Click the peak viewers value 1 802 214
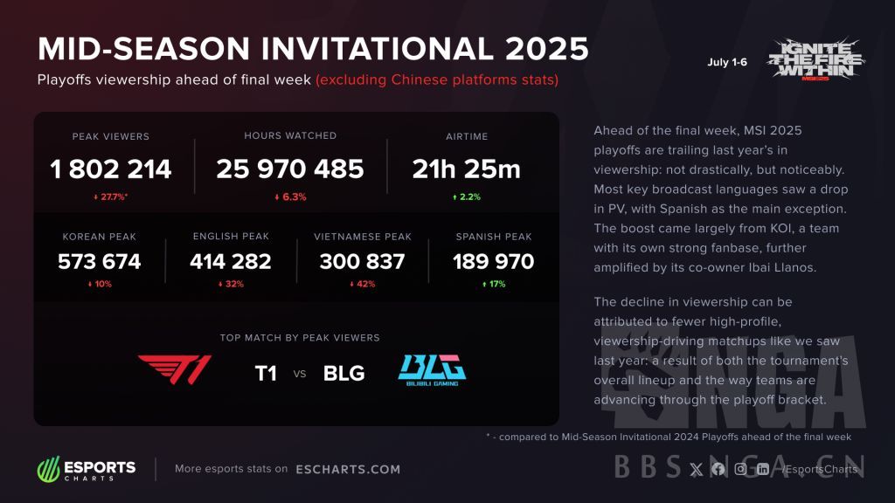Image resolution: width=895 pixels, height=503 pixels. point(111,169)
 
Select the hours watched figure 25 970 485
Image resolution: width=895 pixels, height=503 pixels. point(290,169)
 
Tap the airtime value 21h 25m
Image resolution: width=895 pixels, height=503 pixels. point(467,169)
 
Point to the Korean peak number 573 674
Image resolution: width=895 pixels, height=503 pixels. point(100,262)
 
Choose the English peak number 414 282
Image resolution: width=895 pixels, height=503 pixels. point(231,262)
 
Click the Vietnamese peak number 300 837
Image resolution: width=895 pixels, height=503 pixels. point(363,262)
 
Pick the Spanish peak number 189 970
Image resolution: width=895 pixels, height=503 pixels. point(494,262)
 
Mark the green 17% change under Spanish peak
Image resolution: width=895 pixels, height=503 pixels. point(494,284)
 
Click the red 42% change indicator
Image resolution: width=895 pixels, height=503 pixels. point(363,284)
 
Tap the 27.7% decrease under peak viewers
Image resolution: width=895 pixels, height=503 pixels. point(111,196)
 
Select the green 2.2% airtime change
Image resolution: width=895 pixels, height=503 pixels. point(467,196)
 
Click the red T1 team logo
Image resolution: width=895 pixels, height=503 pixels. point(175,369)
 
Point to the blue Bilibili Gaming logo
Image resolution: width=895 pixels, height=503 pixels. point(432,370)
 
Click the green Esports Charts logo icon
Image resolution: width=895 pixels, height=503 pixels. point(49,469)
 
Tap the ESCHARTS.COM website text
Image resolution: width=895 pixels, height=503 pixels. point(348,469)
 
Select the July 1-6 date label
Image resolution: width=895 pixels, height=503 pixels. point(727,62)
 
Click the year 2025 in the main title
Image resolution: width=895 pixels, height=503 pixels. point(547,49)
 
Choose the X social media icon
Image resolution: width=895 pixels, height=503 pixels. point(696,469)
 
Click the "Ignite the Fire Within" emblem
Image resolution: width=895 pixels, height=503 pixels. point(816,59)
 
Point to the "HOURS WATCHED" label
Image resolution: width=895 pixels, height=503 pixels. point(290,135)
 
